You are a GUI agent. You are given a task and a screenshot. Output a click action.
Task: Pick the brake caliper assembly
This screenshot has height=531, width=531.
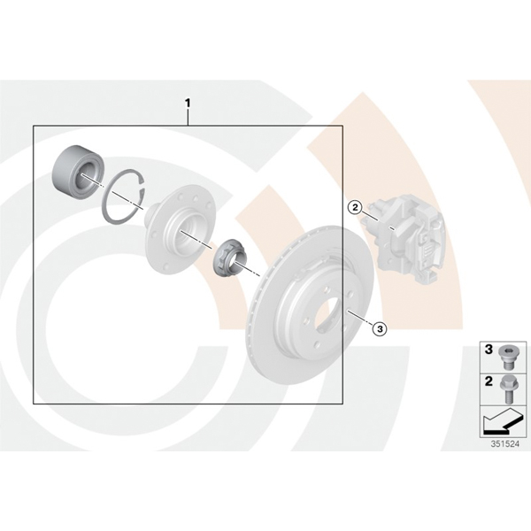[402, 236]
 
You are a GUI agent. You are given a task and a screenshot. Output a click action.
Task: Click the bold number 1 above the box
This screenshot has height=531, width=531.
[188, 103]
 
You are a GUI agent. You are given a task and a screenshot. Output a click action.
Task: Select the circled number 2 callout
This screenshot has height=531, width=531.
[355, 207]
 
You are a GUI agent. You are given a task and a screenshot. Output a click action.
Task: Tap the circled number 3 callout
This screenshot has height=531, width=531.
[380, 328]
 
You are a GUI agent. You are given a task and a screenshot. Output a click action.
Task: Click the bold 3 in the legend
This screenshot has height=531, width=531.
[489, 350]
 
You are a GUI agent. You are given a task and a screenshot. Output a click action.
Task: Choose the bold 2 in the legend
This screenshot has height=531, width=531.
[489, 381]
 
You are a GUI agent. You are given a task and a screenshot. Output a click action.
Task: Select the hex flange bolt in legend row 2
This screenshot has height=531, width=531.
[507, 389]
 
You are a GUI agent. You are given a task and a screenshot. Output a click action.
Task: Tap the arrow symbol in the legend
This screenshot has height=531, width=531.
[501, 421]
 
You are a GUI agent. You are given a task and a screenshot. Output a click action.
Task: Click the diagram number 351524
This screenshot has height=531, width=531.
[505, 444]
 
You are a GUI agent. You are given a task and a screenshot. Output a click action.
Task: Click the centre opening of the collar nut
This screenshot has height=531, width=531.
[236, 264]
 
